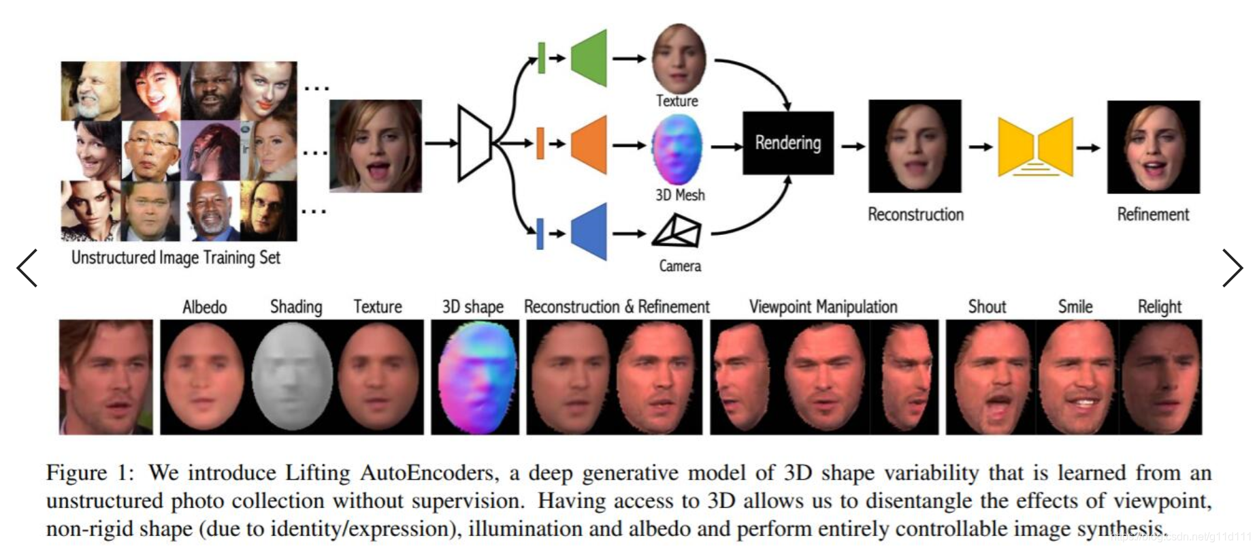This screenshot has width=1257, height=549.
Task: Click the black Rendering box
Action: pyautogui.click(x=787, y=143)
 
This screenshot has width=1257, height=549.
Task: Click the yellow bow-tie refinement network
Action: pyautogui.click(x=1035, y=147)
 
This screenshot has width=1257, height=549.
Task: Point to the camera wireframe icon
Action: pyautogui.click(x=677, y=232)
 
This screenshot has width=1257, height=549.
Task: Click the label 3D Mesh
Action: pyautogui.click(x=680, y=195)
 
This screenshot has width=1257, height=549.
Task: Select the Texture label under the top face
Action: pyautogui.click(x=677, y=101)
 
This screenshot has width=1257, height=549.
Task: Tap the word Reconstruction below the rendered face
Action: pyautogui.click(x=915, y=215)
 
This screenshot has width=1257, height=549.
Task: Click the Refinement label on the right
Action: pyautogui.click(x=1153, y=215)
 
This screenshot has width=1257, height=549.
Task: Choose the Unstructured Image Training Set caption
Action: pyautogui.click(x=176, y=257)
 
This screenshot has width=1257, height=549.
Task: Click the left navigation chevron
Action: pyautogui.click(x=27, y=268)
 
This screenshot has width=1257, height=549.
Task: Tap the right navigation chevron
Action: pyautogui.click(x=1232, y=268)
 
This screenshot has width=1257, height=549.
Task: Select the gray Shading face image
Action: pyautogui.click(x=292, y=376)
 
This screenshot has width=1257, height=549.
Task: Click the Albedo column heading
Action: pyautogui.click(x=204, y=307)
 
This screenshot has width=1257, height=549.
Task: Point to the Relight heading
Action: pyautogui.click(x=1160, y=307)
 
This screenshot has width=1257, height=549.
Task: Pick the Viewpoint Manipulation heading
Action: pyautogui.click(x=823, y=307)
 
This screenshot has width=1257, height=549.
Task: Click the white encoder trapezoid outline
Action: pyautogui.click(x=474, y=143)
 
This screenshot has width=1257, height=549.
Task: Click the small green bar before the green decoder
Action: pyautogui.click(x=541, y=58)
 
